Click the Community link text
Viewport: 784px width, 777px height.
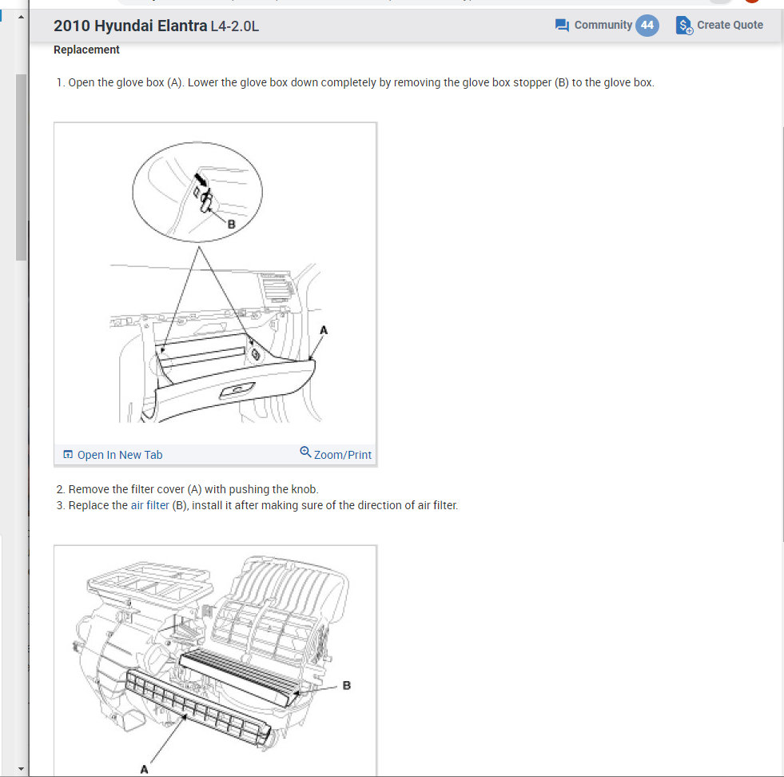click(603, 25)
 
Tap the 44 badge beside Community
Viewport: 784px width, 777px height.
click(647, 26)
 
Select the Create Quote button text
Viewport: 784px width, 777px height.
click(730, 25)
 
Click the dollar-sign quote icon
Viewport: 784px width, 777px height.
click(684, 26)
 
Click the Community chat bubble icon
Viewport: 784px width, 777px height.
click(562, 25)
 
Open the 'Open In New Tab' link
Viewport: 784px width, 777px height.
click(113, 455)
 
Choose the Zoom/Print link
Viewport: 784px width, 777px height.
click(343, 455)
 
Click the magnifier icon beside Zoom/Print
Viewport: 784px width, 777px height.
click(305, 452)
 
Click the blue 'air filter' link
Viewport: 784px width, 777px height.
click(150, 505)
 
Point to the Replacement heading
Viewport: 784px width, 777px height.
click(86, 50)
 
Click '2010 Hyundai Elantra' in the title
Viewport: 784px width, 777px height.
click(130, 26)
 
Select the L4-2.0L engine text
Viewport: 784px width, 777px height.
click(235, 26)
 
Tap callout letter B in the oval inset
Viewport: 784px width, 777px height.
click(231, 225)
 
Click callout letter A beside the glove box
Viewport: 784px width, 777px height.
click(324, 330)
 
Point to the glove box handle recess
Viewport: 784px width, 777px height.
click(237, 390)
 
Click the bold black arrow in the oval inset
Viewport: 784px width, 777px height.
click(200, 179)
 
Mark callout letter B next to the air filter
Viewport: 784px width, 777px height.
click(347, 686)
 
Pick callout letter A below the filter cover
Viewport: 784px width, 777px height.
click(144, 770)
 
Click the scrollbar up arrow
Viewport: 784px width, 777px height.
click(21, 17)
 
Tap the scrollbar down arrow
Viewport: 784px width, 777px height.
click(21, 769)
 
